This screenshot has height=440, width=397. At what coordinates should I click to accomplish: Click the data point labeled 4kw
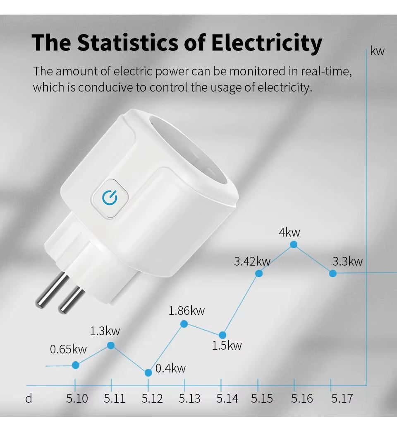[x=294, y=244]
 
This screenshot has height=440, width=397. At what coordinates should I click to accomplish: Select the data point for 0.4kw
[x=148, y=372]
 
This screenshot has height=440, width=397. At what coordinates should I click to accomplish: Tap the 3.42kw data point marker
[x=259, y=273]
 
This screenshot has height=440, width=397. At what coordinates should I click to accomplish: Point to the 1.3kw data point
[x=111, y=345]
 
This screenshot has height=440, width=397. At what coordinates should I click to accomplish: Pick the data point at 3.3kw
[x=332, y=273]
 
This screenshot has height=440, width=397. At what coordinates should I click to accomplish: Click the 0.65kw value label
[x=68, y=349]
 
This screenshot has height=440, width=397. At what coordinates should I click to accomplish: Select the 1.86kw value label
[x=187, y=310]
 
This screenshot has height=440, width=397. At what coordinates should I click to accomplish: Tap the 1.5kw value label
[x=227, y=345]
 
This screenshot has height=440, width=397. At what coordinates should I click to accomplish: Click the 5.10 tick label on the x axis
[x=77, y=399]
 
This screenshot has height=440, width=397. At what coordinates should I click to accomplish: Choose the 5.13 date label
[x=189, y=399]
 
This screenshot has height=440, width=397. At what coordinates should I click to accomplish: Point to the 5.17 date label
[x=342, y=399]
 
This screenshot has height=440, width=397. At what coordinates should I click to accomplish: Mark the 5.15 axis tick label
[x=262, y=399]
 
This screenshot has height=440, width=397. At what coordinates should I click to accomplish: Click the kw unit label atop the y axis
[x=377, y=51]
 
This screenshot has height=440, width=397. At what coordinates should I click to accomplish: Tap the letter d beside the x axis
[x=29, y=399]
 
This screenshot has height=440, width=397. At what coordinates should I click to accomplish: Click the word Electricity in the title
[x=266, y=43]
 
